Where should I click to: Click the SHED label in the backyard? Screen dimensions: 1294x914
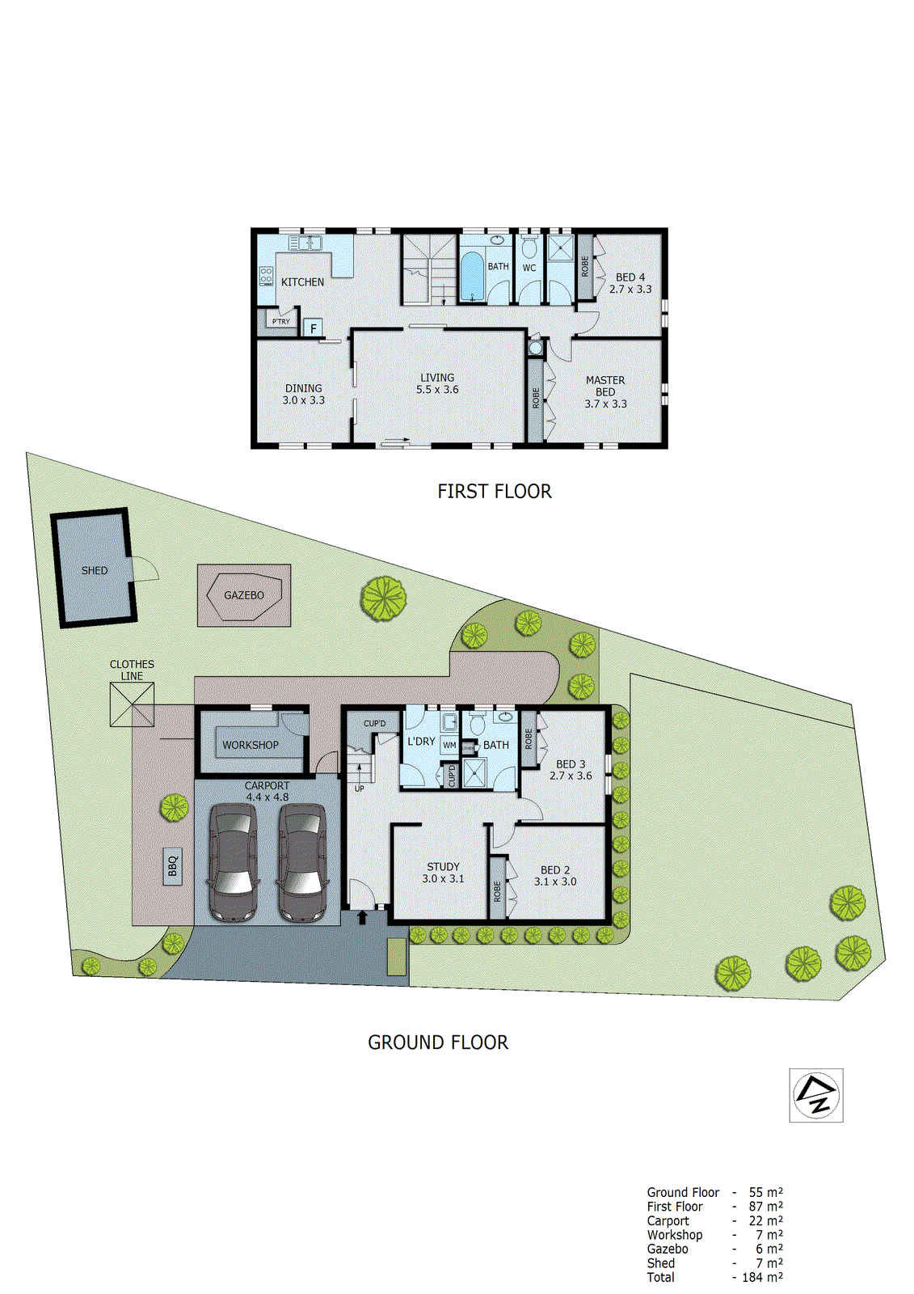(x=95, y=571)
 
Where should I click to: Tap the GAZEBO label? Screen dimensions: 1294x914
(x=244, y=595)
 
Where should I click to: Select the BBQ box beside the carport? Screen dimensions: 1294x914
(x=172, y=867)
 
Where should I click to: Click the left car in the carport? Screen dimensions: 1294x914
(x=233, y=863)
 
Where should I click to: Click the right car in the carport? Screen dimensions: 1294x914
(x=302, y=863)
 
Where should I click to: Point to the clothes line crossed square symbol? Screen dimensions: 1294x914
(x=132, y=704)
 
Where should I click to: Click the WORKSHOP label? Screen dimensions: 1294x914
(x=251, y=745)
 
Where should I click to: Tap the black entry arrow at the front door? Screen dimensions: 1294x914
(x=361, y=917)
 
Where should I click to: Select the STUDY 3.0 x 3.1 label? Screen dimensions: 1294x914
(x=443, y=873)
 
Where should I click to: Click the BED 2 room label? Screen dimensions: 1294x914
(x=555, y=870)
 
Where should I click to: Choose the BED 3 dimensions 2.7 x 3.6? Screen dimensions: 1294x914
(x=571, y=776)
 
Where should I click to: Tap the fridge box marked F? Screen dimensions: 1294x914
(x=314, y=328)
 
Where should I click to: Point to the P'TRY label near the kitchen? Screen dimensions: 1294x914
(x=280, y=322)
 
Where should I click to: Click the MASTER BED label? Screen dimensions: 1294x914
(x=605, y=386)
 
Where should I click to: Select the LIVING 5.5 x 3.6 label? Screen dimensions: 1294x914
(x=437, y=383)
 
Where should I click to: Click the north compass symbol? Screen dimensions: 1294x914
(x=815, y=1095)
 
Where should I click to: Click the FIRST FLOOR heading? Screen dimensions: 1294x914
(x=494, y=492)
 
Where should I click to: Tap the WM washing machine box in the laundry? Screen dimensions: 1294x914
(x=449, y=746)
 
